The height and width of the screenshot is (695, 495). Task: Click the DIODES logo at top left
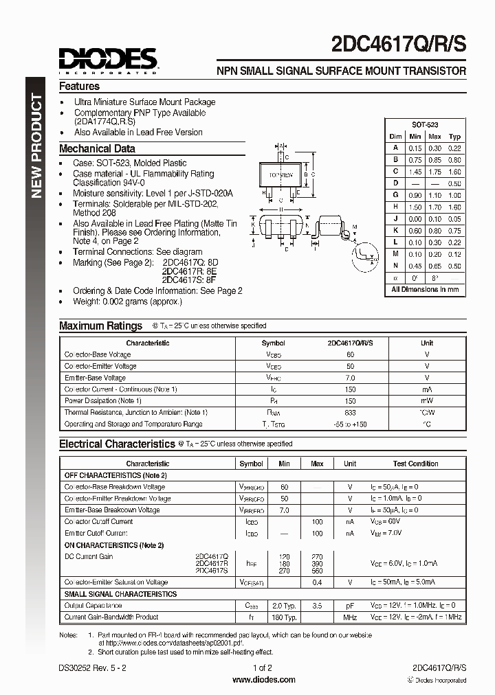109,60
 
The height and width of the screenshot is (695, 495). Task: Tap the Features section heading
79,87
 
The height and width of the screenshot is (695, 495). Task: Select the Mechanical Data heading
97,148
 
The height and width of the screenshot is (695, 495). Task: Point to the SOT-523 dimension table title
425,125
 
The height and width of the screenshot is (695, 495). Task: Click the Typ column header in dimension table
454,137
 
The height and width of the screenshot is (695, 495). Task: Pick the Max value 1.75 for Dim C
434,172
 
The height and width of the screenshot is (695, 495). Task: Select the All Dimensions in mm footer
425,290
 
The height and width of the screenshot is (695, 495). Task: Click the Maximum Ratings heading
100,326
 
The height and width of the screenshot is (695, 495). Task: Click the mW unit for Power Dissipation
427,400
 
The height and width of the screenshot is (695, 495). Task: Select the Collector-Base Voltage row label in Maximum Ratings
97,354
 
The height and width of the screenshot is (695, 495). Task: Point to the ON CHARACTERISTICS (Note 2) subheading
114,545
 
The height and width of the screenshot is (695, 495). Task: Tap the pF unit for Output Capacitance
350,606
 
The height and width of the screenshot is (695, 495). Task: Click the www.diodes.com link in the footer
264,679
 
